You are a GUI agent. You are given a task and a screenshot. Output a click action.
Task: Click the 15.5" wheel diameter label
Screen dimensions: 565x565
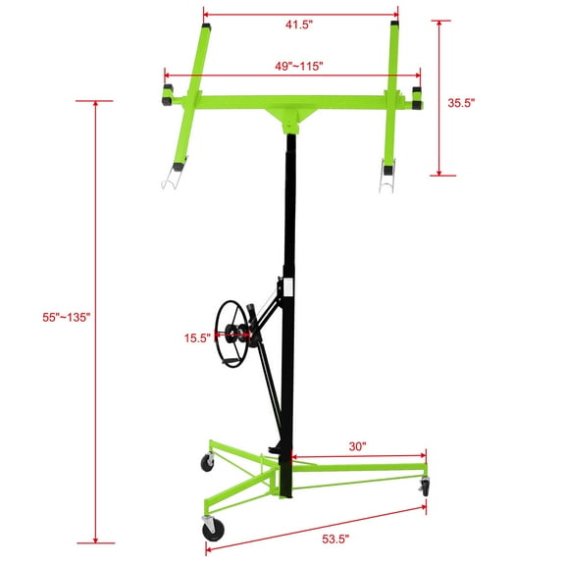[196, 338]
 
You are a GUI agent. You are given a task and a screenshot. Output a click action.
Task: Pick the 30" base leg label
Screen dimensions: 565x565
[357, 446]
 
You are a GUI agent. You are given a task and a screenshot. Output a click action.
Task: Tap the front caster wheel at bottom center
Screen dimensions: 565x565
[213, 530]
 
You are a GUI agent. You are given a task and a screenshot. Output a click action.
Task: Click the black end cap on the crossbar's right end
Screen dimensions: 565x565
[417, 95]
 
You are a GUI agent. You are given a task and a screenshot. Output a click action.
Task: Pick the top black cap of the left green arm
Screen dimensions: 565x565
[207, 26]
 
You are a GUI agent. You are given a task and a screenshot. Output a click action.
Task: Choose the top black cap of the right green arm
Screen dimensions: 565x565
[394, 25]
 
